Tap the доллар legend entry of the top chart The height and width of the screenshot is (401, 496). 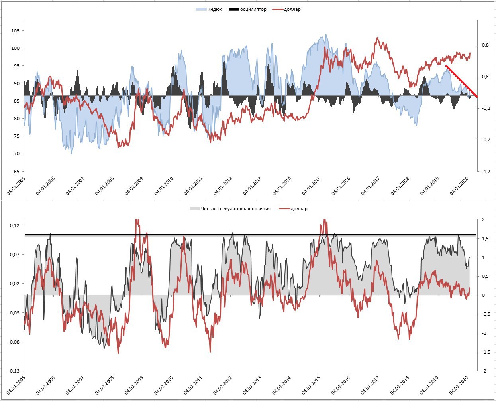click(292, 9)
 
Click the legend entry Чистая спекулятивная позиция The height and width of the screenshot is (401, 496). click(235, 209)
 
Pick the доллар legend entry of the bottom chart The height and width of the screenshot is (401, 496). click(299, 209)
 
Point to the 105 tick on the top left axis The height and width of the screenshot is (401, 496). click(15, 31)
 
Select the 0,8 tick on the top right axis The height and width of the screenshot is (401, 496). click(485, 45)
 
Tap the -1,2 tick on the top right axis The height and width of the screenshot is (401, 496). click(486, 171)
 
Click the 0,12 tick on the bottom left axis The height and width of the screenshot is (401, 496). click(14, 225)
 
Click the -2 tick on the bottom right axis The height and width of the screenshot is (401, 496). click(483, 371)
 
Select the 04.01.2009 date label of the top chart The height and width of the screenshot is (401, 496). click(135, 185)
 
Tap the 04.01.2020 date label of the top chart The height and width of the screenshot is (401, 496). click(460, 185)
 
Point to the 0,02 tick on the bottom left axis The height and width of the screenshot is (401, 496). click(14, 284)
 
